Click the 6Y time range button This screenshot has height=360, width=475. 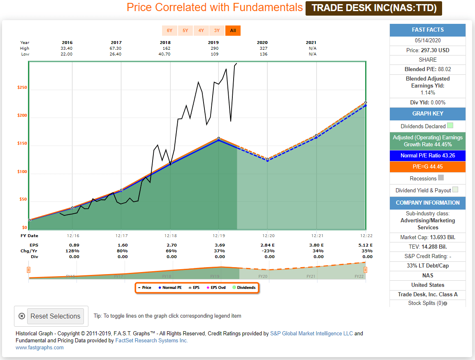[169, 30]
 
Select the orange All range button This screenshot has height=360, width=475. [233, 30]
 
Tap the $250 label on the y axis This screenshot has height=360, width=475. [22, 88]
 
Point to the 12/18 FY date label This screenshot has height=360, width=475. [170, 235]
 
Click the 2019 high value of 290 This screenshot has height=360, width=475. [213, 48]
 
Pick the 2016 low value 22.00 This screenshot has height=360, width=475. [67, 54]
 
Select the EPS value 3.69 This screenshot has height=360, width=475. [220, 245]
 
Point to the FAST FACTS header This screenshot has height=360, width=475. [428, 30]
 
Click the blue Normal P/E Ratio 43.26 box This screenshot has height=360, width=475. [428, 156]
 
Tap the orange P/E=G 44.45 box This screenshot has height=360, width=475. [428, 167]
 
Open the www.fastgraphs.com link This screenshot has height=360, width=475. [39, 348]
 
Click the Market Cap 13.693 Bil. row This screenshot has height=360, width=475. [428, 238]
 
